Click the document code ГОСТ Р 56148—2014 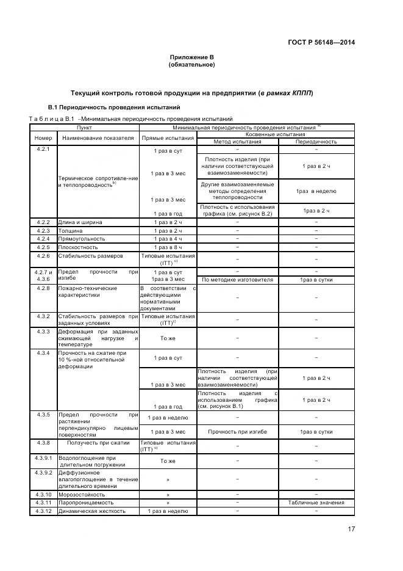[x=321, y=42]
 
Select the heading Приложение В [x=191, y=57]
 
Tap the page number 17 [x=351, y=529]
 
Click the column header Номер [x=43, y=138]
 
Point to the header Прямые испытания [x=168, y=138]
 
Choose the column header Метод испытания [x=237, y=142]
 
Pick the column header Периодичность [x=316, y=142]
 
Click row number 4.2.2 [x=43, y=222]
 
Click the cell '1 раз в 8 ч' [x=168, y=247]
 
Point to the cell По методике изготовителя [x=237, y=280]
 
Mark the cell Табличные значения [x=316, y=503]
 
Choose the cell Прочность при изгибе [x=237, y=432]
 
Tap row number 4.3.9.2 [x=43, y=473]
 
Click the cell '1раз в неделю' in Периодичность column [x=316, y=191]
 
